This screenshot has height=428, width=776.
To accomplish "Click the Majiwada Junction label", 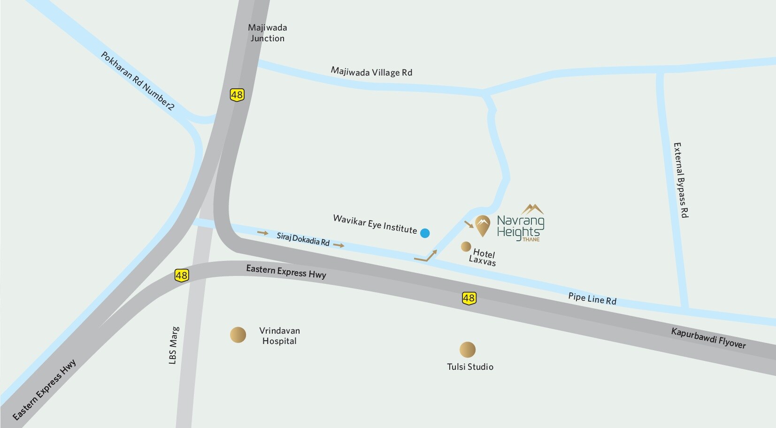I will point(267,33).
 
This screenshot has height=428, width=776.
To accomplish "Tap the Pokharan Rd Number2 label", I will point(138,81).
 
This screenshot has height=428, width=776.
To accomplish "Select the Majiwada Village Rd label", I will point(371,72).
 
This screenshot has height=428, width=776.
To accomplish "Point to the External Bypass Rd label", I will point(681,180).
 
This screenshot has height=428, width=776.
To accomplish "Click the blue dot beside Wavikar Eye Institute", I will point(425,233).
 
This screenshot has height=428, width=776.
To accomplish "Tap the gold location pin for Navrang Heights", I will point(483,225).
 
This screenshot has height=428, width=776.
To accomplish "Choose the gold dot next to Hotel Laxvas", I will point(466,246).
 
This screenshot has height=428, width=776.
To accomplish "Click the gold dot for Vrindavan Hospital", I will point(238,335).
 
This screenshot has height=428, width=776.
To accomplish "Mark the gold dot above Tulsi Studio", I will point(467,350).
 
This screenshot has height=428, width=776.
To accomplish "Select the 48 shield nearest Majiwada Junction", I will point(237,95).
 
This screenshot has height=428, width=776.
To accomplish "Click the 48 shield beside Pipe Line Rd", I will point(469,298).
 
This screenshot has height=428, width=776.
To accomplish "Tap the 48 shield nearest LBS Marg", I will point(182,275).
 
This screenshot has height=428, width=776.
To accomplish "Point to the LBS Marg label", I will point(173,345).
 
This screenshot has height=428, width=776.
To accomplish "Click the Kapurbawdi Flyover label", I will point(708,338).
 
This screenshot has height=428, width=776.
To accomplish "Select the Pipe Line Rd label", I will point(592,298).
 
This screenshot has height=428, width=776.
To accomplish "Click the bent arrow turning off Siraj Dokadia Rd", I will point(426,256).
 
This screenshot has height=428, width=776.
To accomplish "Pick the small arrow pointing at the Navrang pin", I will point(469,224).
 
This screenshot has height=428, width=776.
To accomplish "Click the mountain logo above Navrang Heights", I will point(532,209).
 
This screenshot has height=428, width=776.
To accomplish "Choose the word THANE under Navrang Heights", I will point(531,239).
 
